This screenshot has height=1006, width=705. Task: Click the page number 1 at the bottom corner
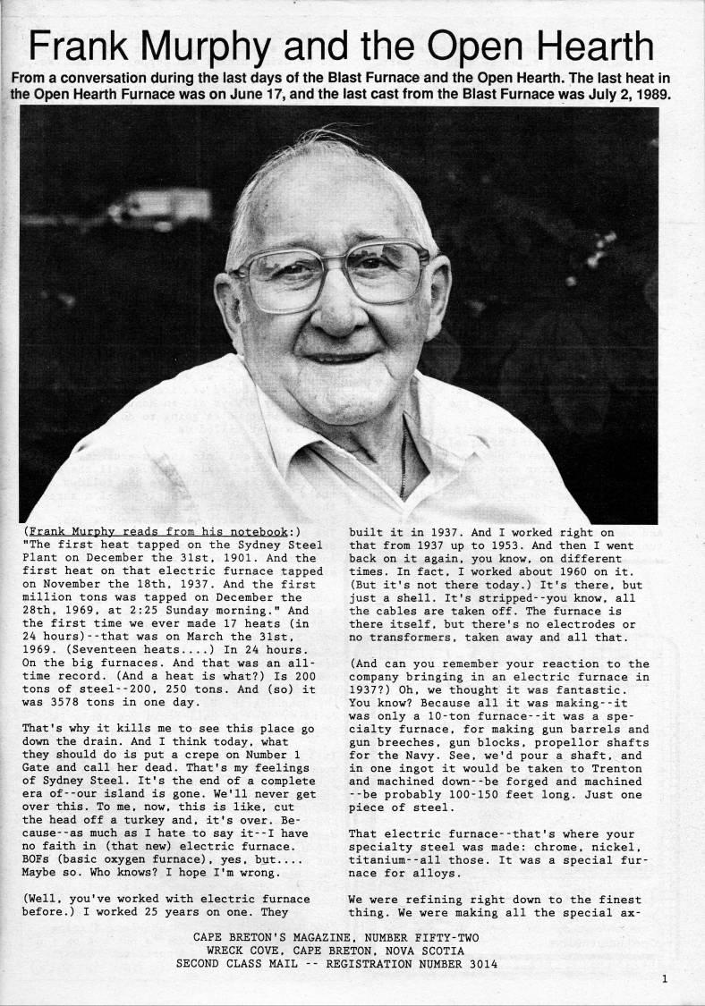tap(665, 978)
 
